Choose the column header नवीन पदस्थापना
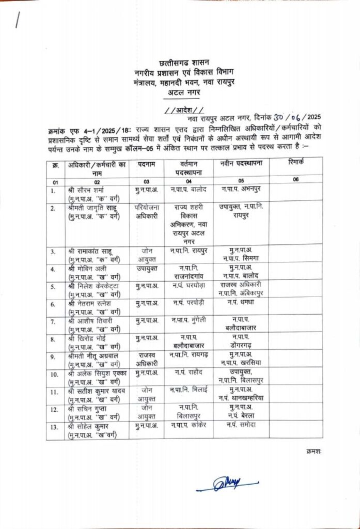pos(242,164)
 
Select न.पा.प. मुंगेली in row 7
pos(188,320)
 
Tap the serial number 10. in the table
pos(54,373)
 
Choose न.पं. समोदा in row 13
pos(241,424)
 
